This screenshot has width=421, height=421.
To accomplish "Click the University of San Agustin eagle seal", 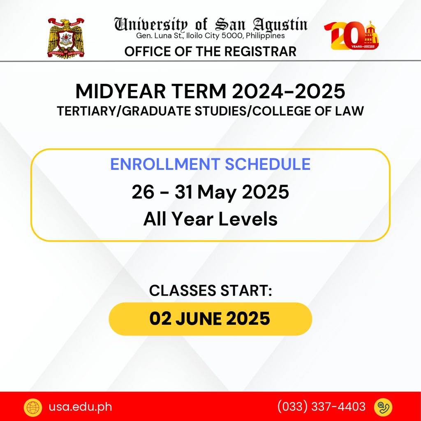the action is pyautogui.click(x=66, y=38).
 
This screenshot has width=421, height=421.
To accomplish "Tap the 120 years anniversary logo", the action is pyautogui.click(x=352, y=35).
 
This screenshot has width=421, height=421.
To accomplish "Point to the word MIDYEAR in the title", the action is pyautogui.click(x=120, y=91).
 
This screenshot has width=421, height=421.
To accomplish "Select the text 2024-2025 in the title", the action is pyautogui.click(x=288, y=91).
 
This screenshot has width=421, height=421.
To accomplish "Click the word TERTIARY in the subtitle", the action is pyautogui.click(x=86, y=111).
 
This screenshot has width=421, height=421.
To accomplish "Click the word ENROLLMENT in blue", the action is pyautogui.click(x=165, y=164).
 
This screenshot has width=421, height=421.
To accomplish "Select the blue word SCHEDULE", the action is pyautogui.click(x=268, y=164).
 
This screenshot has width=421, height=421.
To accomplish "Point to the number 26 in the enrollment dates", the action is pyautogui.click(x=143, y=192).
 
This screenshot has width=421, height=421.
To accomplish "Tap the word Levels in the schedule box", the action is pyautogui.click(x=248, y=219).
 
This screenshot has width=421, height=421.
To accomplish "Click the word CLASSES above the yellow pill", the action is pyautogui.click(x=183, y=291).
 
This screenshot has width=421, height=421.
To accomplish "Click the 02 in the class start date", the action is pyautogui.click(x=160, y=319).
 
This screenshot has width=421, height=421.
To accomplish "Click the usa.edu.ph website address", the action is pyautogui.click(x=80, y=407).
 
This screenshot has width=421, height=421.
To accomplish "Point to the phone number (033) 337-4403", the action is pyautogui.click(x=322, y=407).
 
